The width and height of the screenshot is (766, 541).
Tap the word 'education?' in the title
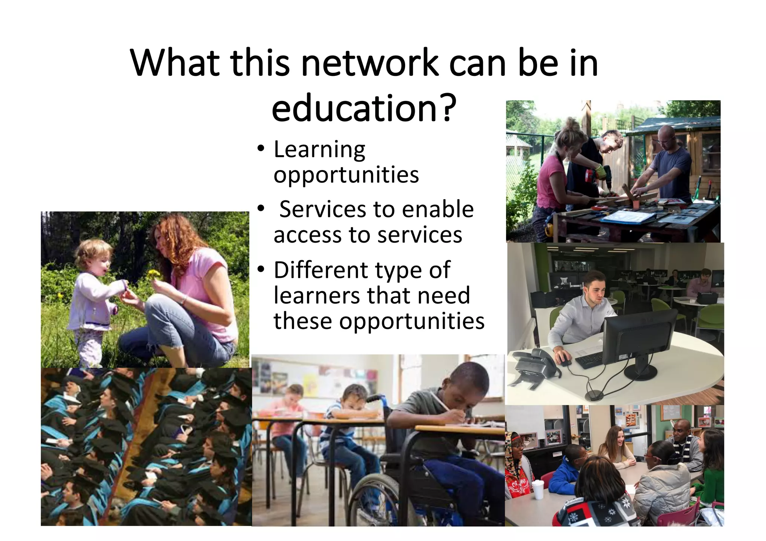[364, 108]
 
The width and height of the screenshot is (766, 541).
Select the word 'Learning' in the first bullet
[319, 150]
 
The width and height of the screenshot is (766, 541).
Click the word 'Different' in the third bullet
[321, 270]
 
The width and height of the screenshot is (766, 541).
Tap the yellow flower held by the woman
[153, 275]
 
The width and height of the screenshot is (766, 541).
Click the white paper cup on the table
[537, 489]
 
